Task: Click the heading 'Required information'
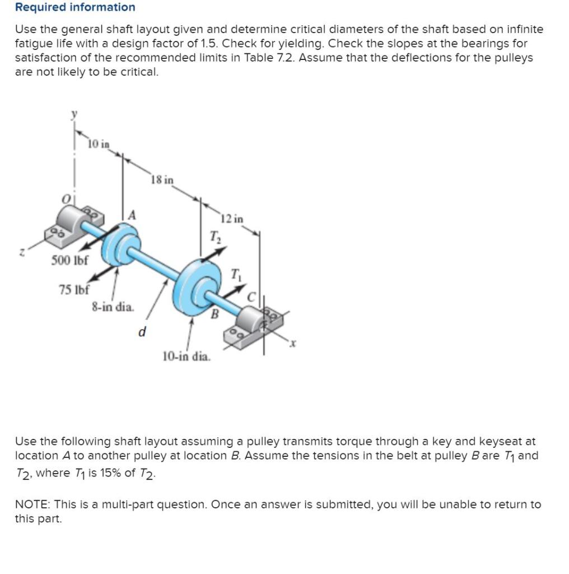75,7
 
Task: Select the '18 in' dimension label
162,180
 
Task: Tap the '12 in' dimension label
232,219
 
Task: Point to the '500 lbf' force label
69,261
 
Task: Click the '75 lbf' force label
74,290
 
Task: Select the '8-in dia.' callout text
113,307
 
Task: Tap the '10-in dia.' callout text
186,356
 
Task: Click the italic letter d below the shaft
142,332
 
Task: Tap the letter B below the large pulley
213,315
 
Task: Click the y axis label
73,114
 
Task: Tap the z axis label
19,254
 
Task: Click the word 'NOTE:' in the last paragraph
32,504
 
